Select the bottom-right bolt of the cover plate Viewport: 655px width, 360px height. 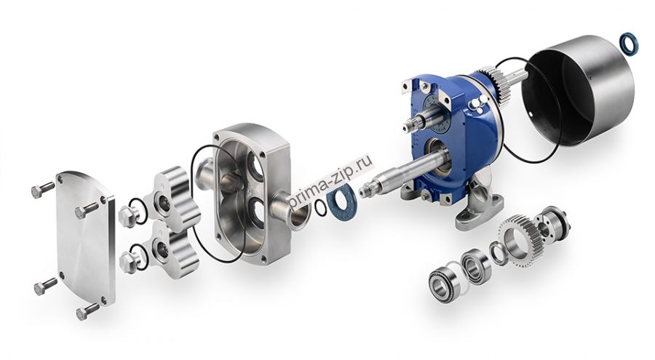coord(87,311)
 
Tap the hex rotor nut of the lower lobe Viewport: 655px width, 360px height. coord(130,262)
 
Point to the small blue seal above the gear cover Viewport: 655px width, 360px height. coord(630,44)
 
